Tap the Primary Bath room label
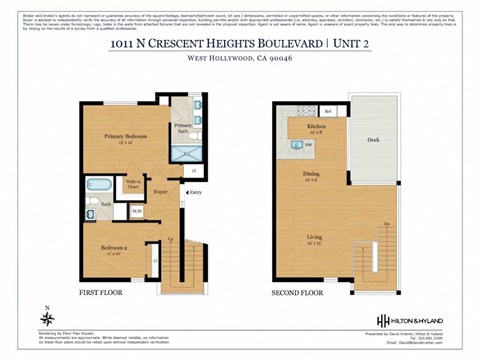[x=183, y=127]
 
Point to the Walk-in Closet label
[x=132, y=183]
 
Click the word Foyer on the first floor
[x=160, y=186]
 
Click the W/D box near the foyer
[x=137, y=210]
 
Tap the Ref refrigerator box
[x=328, y=110]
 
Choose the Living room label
[x=313, y=238]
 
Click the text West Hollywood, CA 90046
[x=239, y=59]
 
